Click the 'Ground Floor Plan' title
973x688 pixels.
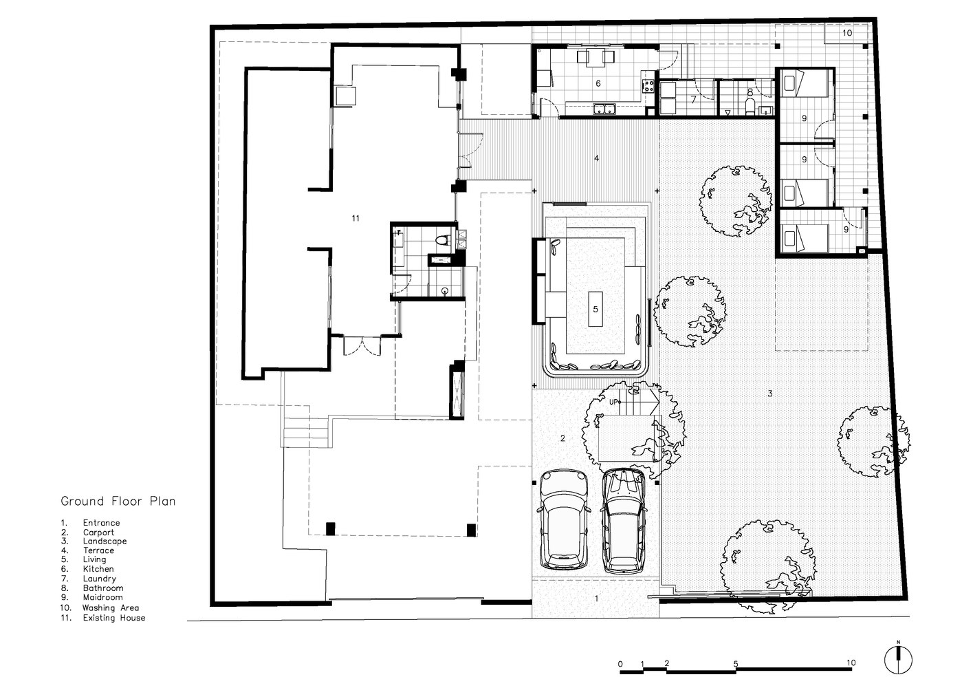coord(118,501)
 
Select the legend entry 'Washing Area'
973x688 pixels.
coord(111,608)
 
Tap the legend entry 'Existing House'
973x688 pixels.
coord(114,618)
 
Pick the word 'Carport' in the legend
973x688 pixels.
coord(98,533)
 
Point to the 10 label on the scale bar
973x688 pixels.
coord(851,663)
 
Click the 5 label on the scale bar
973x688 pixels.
coord(736,664)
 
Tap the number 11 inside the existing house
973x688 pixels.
coord(356,218)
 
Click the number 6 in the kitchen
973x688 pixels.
coord(598,83)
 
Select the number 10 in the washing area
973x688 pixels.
coord(847,33)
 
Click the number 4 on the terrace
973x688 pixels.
coord(596,158)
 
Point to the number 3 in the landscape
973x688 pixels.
coord(770,394)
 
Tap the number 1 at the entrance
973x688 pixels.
coord(596,599)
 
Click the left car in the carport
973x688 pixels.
coord(564,520)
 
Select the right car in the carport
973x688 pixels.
coord(624,521)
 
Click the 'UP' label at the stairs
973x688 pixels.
coord(613,402)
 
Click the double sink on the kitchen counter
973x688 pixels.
coord(604,108)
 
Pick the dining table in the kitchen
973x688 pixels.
coord(596,58)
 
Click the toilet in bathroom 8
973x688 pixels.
coord(750,107)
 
